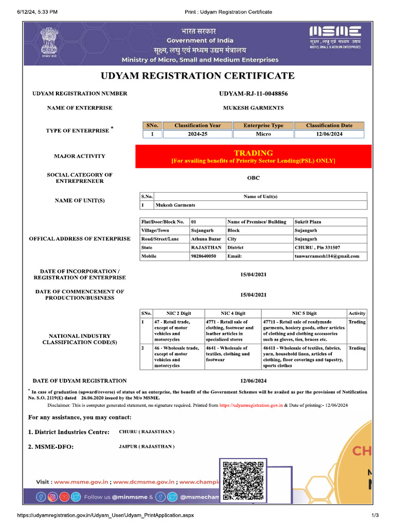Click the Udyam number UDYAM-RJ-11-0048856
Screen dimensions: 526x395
pyautogui.click(x=253, y=93)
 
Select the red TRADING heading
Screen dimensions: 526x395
pyautogui.click(x=253, y=153)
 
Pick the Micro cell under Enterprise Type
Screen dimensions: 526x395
pyautogui.click(x=263, y=134)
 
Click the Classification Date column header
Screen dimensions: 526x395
pyautogui.click(x=329, y=125)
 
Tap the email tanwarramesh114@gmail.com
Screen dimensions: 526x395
pyautogui.click(x=327, y=256)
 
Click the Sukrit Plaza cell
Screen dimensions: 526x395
pyautogui.click(x=308, y=222)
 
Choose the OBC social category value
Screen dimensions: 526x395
pyautogui.click(x=253, y=178)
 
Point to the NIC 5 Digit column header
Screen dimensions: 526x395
pyautogui.click(x=304, y=313)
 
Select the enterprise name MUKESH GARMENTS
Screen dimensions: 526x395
pyautogui.click(x=253, y=108)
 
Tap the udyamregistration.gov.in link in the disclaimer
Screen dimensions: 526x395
pyautogui.click(x=251, y=405)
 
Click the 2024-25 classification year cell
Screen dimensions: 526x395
pyautogui.click(x=197, y=134)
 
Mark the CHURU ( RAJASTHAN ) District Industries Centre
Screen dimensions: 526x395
pyautogui.click(x=147, y=431)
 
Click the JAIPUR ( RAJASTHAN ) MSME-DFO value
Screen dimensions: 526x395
pyautogui.click(x=147, y=446)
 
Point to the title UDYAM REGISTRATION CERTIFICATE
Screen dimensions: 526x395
pyautogui.click(x=197, y=76)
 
